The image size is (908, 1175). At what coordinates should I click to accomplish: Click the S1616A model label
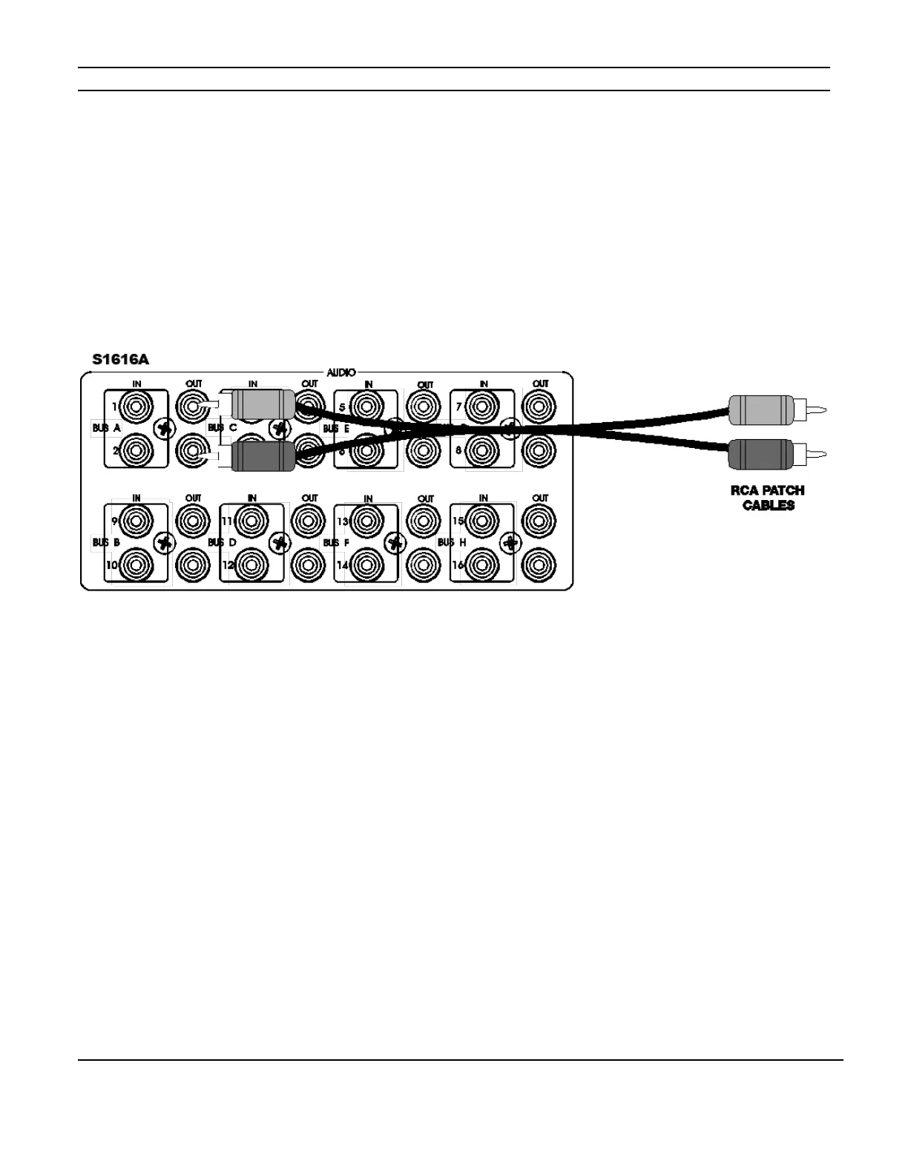coord(120,360)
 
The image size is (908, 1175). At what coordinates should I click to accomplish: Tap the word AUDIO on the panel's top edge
coord(340,372)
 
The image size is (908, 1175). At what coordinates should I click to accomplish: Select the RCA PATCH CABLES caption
coord(768,498)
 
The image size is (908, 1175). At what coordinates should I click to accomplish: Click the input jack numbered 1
coord(136,407)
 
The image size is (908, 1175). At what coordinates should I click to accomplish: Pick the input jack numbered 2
coord(136,450)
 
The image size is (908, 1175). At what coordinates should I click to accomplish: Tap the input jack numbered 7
coord(483,407)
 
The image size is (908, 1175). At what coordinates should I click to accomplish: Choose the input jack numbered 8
coord(483,450)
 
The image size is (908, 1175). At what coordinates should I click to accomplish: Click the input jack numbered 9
coord(136,521)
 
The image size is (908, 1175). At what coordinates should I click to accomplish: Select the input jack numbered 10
coord(136,565)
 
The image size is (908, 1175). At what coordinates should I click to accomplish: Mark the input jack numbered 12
coord(252,565)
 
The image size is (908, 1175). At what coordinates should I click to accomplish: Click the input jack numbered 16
coord(483,565)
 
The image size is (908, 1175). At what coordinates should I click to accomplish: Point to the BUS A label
coord(107,428)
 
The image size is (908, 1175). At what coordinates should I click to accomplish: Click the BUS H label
coord(452,543)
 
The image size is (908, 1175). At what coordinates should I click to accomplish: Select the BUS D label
coord(222,543)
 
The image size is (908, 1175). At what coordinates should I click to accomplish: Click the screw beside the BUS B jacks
coord(165,542)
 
